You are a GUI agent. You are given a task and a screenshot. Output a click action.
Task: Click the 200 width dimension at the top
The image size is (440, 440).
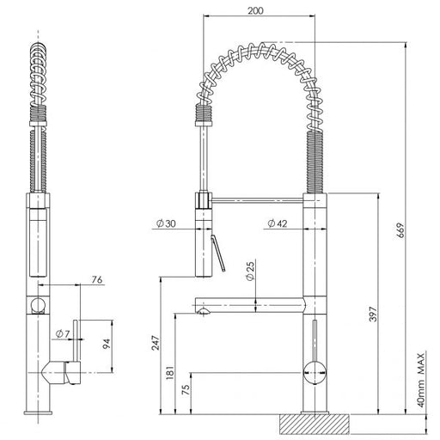point(255,10)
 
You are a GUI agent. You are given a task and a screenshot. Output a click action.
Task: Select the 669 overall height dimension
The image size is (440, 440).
point(400,229)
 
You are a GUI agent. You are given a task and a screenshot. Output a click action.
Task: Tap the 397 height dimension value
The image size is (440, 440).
point(373,314)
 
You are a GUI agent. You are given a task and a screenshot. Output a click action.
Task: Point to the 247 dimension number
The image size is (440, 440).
point(156,343)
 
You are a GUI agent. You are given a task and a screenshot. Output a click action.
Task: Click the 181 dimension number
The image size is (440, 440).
point(169,372)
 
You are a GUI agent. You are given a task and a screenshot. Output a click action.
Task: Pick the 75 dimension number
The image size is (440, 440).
point(186,389)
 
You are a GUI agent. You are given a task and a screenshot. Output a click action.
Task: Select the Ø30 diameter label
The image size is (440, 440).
point(166,223)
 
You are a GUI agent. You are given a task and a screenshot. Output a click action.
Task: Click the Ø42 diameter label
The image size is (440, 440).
point(277,223)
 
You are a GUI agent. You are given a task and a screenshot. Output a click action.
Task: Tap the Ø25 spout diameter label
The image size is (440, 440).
point(250,271)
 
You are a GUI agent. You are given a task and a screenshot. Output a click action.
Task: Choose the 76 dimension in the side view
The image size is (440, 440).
point(97,279)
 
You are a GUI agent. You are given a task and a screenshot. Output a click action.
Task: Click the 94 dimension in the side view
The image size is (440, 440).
point(107,344)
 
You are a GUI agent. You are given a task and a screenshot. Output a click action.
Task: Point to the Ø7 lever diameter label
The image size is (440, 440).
point(63,333)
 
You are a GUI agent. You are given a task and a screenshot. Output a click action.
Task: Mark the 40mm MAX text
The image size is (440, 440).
point(420,380)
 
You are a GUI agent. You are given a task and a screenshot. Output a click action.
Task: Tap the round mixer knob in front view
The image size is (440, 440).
point(315,373)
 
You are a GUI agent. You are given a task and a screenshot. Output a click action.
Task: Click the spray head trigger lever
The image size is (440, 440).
point(218,254)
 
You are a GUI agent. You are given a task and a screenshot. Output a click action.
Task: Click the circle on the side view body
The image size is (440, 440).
point(38,305)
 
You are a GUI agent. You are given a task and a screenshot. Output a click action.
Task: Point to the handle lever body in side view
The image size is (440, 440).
point(62,372)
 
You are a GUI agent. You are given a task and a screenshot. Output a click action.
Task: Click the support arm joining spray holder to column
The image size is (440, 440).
point(258,200)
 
